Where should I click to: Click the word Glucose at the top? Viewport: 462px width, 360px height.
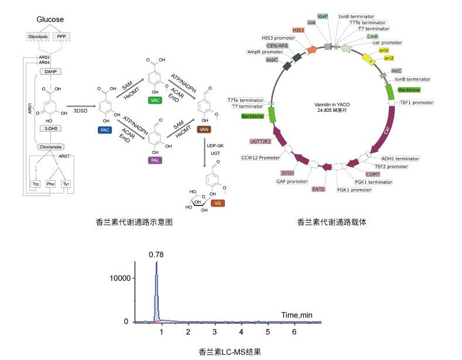tap(50, 19)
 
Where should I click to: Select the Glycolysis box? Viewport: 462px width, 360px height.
tap(39, 36)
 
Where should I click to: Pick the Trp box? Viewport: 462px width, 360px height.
tap(36, 184)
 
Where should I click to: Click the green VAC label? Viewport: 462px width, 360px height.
tap(156, 101)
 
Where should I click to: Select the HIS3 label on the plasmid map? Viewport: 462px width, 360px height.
tap(299, 29)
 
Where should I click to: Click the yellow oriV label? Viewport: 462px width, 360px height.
tap(384, 51)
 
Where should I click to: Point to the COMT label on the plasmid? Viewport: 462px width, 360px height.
tap(373, 174)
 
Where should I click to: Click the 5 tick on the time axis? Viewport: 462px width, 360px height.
tap(268, 332)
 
